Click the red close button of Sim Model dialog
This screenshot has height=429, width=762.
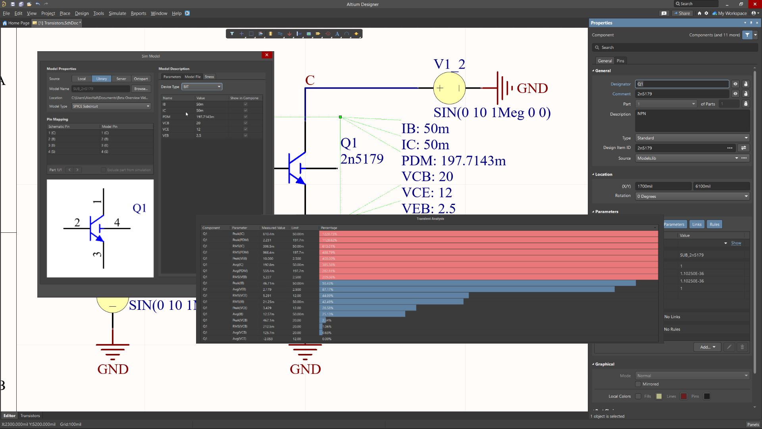[x=267, y=55]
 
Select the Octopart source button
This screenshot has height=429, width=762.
[x=140, y=79]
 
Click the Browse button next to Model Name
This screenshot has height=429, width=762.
[x=140, y=89]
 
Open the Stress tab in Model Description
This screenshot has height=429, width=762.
[x=209, y=77]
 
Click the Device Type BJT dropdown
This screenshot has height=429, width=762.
[x=202, y=87]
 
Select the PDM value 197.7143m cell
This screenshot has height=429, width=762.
[x=205, y=117]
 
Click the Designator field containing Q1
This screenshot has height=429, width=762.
[x=682, y=84]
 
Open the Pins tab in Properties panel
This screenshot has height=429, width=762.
[x=620, y=61]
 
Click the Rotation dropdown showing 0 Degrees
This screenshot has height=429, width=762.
[x=692, y=196]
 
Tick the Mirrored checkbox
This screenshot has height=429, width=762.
[x=638, y=384]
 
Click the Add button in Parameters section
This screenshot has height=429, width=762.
[x=707, y=347]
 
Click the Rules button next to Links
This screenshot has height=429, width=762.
[x=714, y=224]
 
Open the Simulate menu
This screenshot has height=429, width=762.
[x=117, y=13]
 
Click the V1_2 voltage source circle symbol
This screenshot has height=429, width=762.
[x=449, y=88]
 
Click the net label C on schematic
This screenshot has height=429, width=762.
[x=310, y=80]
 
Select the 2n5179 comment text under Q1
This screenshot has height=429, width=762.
[x=362, y=159]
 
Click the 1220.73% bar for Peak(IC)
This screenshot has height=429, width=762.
[x=488, y=234]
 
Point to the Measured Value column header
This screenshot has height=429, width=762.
[x=273, y=228]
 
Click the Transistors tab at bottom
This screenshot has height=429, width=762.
[x=30, y=415]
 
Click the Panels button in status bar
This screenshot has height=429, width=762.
[x=752, y=424]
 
